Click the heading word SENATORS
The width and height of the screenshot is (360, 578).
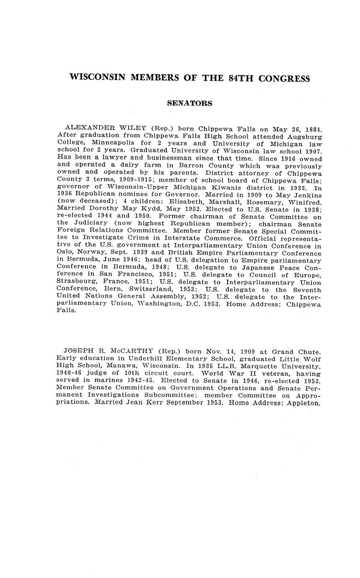189,103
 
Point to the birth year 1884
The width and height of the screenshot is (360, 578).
312,129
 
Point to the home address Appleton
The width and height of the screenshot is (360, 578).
304,403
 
